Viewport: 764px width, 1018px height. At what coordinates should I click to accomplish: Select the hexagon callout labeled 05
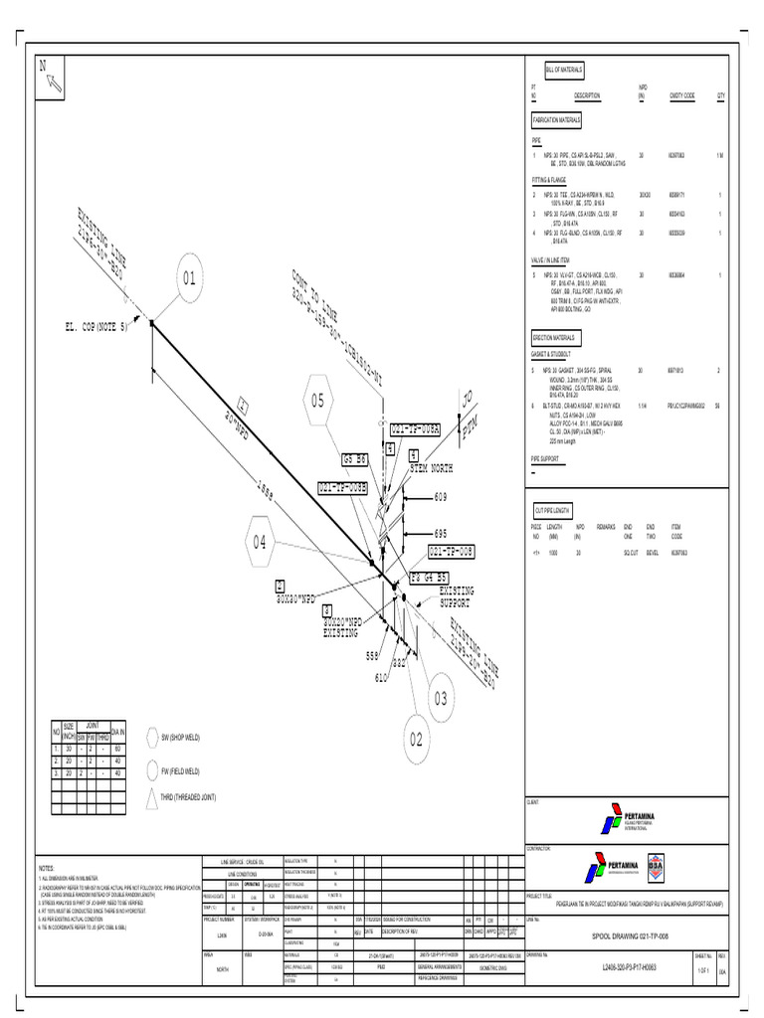tap(317, 401)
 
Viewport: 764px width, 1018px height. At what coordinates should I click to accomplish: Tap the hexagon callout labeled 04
tap(260, 542)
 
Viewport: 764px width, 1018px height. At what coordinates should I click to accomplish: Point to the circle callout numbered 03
tap(440, 700)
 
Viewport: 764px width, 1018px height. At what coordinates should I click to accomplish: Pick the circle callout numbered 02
tap(415, 739)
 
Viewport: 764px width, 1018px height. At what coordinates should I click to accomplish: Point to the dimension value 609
tap(442, 496)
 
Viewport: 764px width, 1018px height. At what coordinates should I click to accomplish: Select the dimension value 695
tap(442, 534)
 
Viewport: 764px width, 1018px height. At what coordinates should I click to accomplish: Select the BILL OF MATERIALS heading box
tap(564, 70)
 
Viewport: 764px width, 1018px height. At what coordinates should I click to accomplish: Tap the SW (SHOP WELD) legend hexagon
tap(152, 737)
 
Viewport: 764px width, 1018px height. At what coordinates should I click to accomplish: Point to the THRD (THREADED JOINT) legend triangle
tap(152, 797)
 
